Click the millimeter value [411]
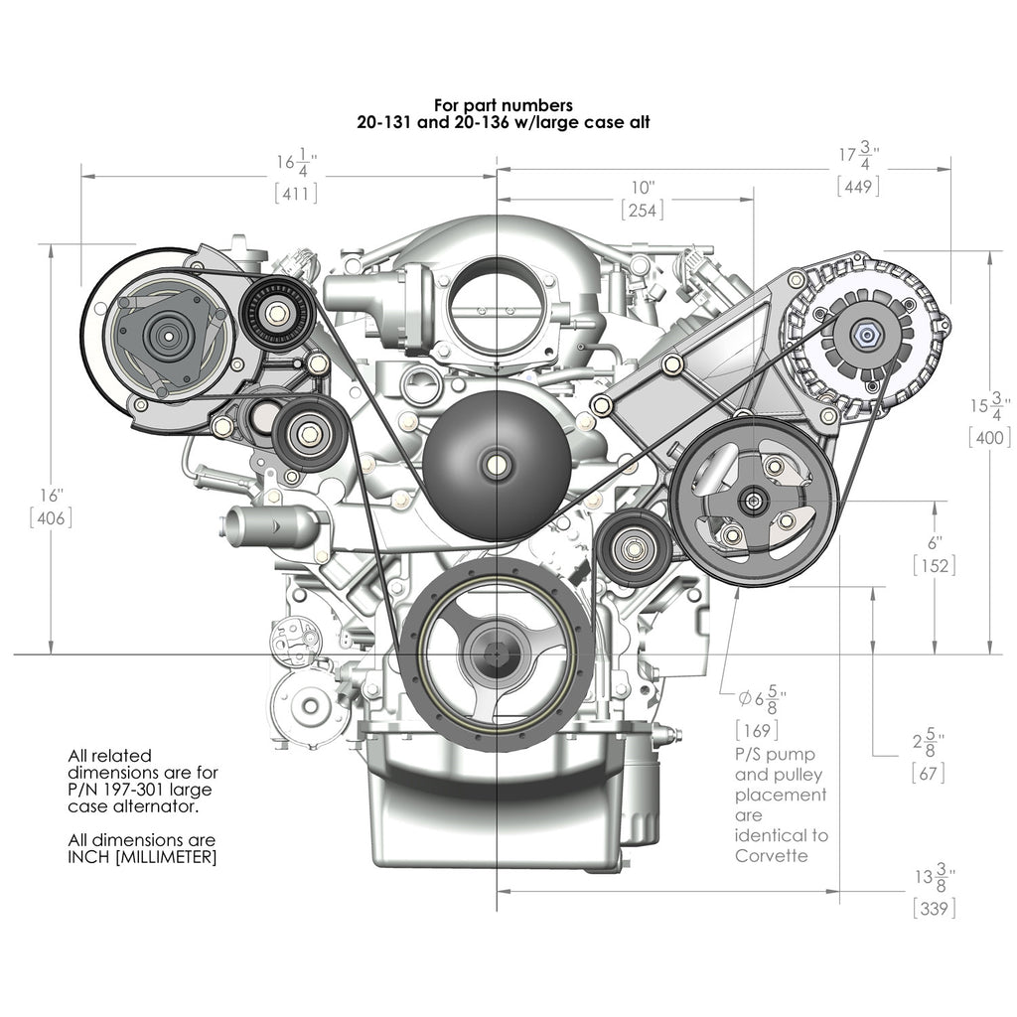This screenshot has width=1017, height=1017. (x=296, y=194)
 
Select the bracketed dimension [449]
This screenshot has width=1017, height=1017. (x=858, y=186)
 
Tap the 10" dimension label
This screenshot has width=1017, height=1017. (x=643, y=187)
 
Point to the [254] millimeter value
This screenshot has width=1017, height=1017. (x=642, y=211)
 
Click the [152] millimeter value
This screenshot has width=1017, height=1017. (x=934, y=566)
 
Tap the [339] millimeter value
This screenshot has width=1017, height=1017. (x=935, y=908)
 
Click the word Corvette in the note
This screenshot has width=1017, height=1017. (x=769, y=856)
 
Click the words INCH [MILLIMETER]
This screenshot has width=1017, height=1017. (x=141, y=857)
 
